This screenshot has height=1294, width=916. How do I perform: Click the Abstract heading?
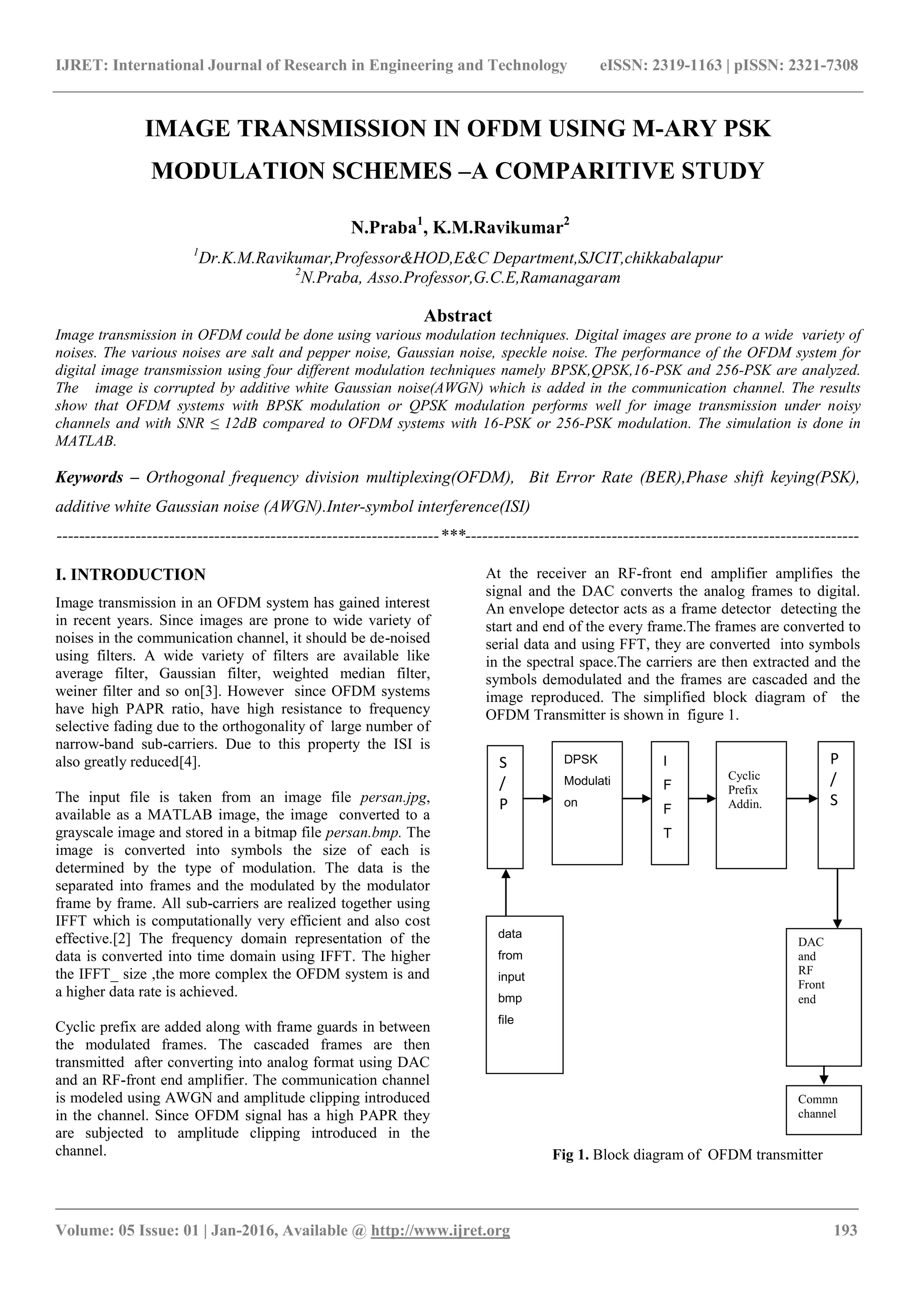tap(458, 315)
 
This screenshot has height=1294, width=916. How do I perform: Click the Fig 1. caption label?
tap(570, 1155)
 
